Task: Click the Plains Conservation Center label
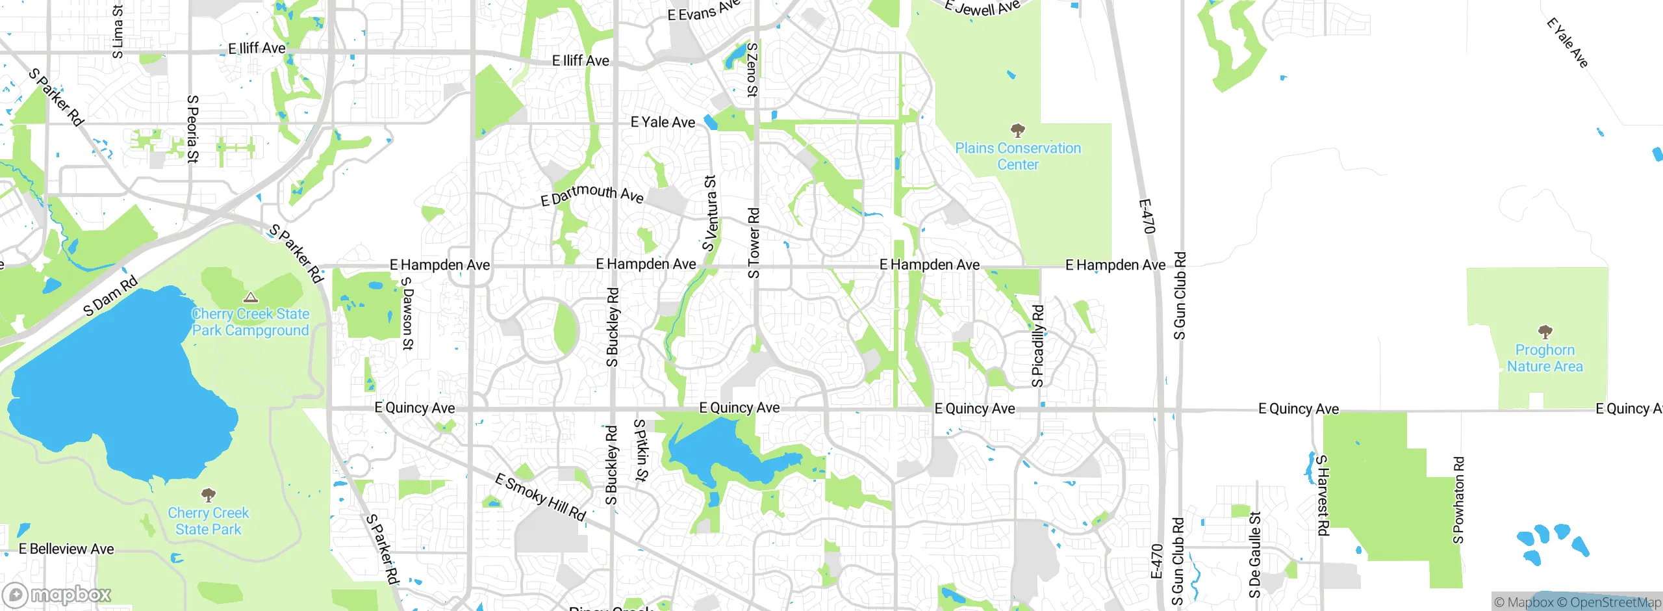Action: pos(1018,157)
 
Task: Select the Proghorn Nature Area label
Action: pos(1545,358)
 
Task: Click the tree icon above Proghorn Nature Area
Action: pos(1545,333)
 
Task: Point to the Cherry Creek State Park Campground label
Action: pos(250,322)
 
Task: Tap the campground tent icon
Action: pos(250,298)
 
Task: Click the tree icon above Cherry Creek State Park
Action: pos(208,495)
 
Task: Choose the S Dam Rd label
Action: pos(110,295)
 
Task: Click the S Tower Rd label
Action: pos(754,243)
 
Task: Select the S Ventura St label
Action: pos(710,213)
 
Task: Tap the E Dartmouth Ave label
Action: pos(592,194)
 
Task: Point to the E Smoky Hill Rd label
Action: pos(540,497)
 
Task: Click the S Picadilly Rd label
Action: pos(1038,346)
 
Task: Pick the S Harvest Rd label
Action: pos(1322,495)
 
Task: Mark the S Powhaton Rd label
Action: pos(1458,500)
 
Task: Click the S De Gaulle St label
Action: pos(1254,554)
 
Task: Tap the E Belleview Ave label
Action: pos(66,549)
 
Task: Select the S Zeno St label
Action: pos(752,70)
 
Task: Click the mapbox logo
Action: pos(57,594)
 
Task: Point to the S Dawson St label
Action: pos(407,313)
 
